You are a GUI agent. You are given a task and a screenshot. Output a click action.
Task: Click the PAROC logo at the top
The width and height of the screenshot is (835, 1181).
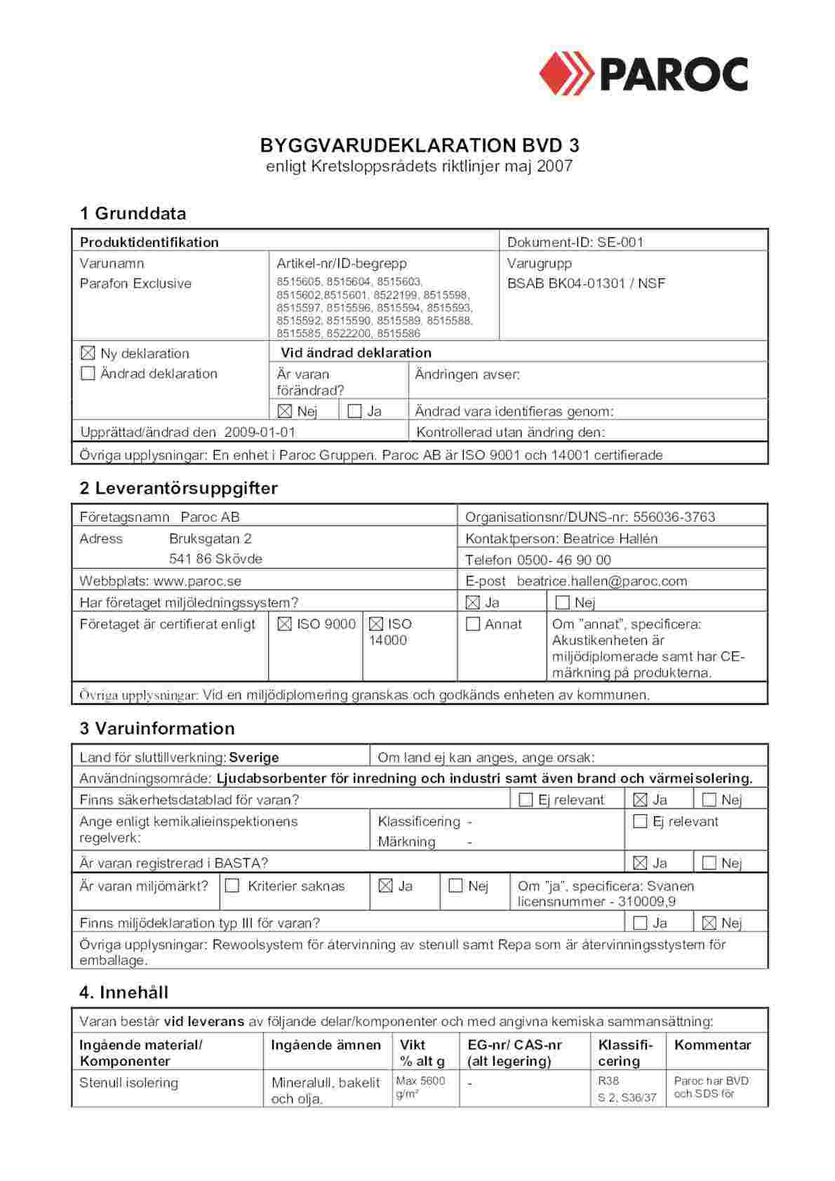click(643, 73)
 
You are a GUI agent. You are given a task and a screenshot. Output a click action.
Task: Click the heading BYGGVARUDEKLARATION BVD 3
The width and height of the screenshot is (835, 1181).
click(420, 146)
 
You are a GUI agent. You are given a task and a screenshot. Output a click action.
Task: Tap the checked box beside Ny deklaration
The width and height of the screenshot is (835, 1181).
click(88, 353)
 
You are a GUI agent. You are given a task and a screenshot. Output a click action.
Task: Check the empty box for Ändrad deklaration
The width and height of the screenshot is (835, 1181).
click(88, 373)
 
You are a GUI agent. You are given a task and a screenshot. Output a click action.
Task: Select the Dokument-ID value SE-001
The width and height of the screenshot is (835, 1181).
click(620, 242)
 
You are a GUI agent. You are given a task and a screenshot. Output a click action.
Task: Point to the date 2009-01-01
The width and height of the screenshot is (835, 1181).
click(260, 432)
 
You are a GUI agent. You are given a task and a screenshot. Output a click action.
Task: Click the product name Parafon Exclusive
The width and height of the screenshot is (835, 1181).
click(135, 283)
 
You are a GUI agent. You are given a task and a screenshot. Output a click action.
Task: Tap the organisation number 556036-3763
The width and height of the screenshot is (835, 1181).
click(674, 517)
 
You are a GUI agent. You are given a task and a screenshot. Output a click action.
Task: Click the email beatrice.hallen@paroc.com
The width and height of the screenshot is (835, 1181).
click(602, 581)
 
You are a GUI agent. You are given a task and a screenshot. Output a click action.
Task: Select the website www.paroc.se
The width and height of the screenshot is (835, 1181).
click(197, 581)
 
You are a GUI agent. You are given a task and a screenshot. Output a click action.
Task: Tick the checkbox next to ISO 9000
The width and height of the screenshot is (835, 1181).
click(284, 623)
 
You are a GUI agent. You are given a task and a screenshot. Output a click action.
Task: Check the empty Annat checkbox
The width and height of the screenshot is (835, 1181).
click(473, 623)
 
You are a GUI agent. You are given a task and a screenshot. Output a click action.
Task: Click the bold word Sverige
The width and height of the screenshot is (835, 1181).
click(254, 757)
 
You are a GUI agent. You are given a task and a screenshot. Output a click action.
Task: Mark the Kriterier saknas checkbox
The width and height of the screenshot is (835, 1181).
click(232, 886)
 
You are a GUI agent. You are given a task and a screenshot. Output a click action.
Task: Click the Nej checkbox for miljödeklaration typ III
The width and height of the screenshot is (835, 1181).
click(709, 923)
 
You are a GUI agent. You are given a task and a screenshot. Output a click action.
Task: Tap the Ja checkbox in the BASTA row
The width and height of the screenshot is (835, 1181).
click(640, 863)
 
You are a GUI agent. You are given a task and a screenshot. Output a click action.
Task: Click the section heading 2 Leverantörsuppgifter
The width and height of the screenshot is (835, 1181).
click(179, 488)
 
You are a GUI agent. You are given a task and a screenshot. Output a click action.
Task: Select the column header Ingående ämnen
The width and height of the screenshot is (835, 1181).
click(326, 1044)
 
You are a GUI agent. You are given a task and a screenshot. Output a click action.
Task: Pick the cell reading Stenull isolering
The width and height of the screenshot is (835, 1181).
click(128, 1082)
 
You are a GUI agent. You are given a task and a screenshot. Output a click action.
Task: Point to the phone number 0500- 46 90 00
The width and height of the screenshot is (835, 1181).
click(563, 560)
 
